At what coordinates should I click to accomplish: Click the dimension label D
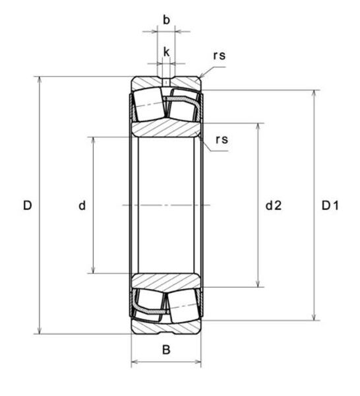(x=28, y=205)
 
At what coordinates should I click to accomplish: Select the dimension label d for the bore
(x=82, y=205)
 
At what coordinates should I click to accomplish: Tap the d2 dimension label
(x=274, y=205)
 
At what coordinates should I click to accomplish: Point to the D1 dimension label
(x=330, y=205)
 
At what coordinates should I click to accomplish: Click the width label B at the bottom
(x=166, y=350)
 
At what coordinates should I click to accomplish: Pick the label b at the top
(x=166, y=20)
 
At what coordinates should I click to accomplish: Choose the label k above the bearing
(x=166, y=52)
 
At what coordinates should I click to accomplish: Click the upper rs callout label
(x=219, y=56)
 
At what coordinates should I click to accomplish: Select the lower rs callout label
(x=222, y=140)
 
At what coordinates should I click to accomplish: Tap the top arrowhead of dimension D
(x=39, y=79)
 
